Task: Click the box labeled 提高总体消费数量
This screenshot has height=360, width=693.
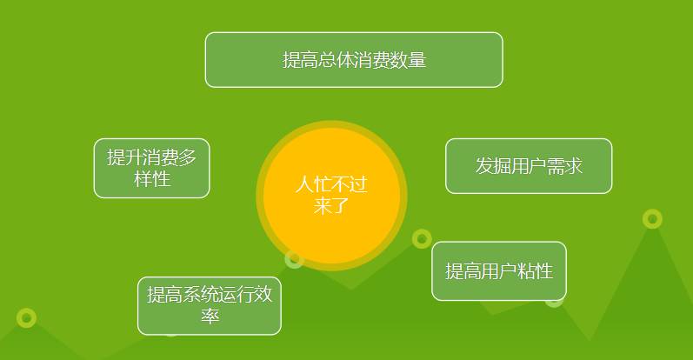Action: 354,60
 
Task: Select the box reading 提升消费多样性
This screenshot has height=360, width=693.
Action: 151,168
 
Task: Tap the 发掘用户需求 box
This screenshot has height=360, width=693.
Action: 529,166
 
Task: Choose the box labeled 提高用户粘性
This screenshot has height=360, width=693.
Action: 498,271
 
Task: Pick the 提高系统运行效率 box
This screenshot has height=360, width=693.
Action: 209,305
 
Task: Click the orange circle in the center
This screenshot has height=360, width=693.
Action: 331,196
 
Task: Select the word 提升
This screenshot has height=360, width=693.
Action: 121,157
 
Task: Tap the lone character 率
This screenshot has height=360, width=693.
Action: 209,317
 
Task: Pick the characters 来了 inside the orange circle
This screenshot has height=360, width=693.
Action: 331,206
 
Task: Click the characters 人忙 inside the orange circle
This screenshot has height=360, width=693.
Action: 313,185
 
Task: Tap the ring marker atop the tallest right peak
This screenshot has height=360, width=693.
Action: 652,218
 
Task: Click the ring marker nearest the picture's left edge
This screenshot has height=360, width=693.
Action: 26,317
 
